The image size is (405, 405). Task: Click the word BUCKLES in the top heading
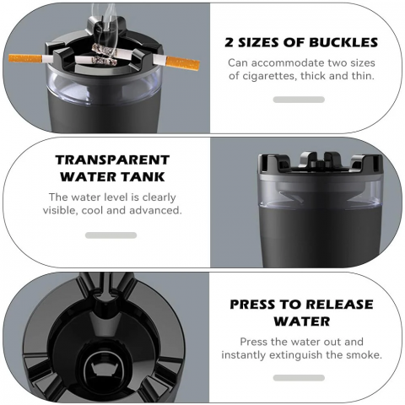coord(343,42)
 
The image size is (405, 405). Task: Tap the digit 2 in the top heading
coord(229,42)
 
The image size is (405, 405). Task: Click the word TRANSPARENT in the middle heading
coord(112,160)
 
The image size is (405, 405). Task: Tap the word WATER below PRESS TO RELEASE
coord(302,321)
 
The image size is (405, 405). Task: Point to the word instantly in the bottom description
coord(244,355)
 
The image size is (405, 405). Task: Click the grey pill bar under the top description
coord(299,100)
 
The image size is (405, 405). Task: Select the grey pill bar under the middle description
coord(111,235)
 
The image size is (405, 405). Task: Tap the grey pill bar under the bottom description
coord(299,378)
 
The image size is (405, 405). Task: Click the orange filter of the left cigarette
coord(25,59)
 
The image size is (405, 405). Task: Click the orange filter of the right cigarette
coord(183,64)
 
